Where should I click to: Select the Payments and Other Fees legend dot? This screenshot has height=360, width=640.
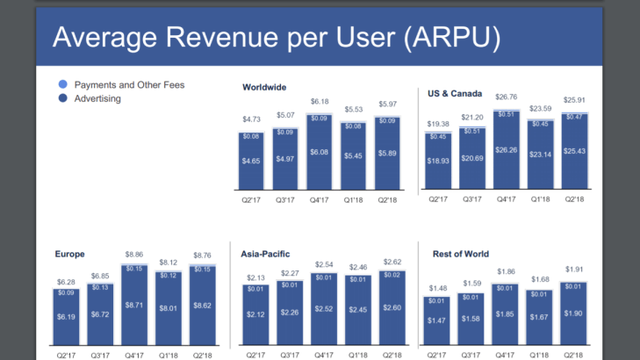61,85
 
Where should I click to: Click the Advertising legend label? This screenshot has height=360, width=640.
97,99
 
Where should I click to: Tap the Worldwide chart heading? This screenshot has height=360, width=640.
264,87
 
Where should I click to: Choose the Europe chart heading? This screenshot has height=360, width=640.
70,254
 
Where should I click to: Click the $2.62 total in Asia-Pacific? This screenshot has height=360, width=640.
392,262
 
